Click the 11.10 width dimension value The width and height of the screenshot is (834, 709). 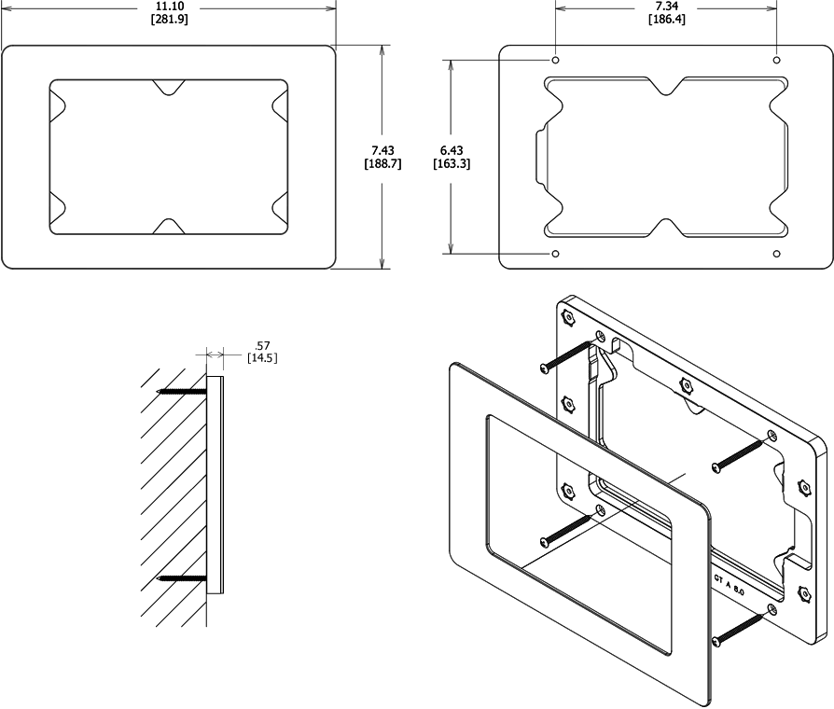tap(169, 7)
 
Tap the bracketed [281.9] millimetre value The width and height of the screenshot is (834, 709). tap(170, 20)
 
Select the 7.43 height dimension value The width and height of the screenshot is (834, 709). tap(382, 151)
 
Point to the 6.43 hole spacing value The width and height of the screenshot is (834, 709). tap(452, 151)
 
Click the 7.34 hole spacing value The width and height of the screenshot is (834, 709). tap(666, 7)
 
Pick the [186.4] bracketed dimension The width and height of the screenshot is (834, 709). tap(666, 20)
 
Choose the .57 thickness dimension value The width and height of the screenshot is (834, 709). tap(262, 346)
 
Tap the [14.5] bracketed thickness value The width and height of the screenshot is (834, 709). tap(262, 358)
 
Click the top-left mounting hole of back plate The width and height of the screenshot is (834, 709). tap(556, 60)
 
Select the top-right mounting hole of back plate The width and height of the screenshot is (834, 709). tap(776, 60)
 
